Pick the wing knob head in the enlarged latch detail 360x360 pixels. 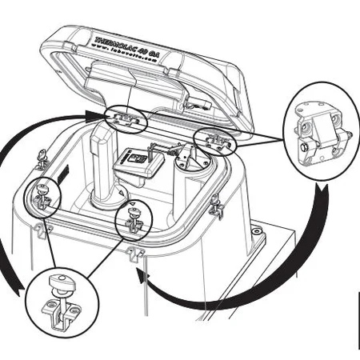(58, 281)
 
